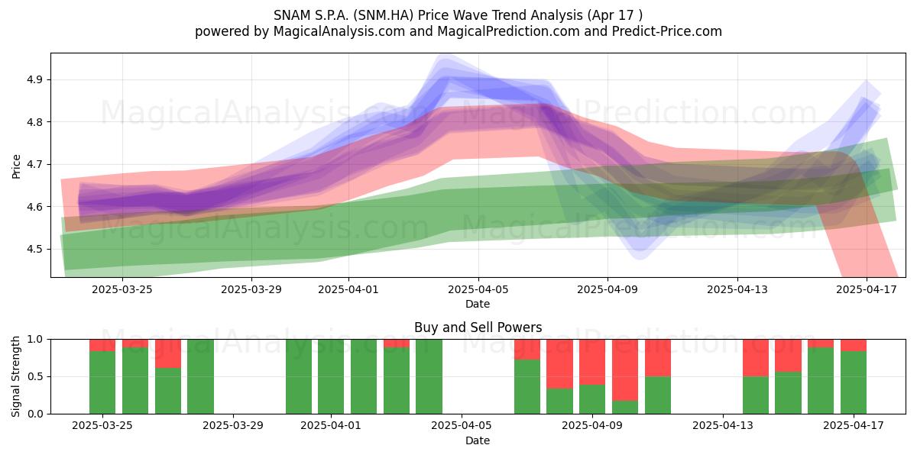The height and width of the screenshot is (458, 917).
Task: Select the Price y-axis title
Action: [16, 166]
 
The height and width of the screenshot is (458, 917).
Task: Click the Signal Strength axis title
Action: [15, 376]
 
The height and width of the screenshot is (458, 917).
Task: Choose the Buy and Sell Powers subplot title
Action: [478, 327]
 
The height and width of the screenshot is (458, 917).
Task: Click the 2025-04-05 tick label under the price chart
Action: [478, 289]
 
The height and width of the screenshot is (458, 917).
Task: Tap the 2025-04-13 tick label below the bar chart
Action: [723, 425]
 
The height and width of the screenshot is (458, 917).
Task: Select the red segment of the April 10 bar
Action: [625, 370]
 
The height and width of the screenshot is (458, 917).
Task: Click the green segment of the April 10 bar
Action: [625, 408]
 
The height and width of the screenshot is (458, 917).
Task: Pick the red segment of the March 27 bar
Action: [168, 353]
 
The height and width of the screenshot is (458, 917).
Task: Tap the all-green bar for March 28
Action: [200, 376]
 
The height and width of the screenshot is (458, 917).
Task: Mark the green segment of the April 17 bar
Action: [854, 382]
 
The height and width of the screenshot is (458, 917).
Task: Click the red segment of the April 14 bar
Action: [756, 358]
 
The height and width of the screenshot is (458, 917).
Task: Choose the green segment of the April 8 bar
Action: [559, 402]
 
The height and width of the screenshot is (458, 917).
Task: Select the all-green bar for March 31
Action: [299, 376]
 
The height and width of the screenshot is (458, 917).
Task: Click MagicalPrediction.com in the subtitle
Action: [508, 31]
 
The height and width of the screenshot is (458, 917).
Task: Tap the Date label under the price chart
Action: [478, 304]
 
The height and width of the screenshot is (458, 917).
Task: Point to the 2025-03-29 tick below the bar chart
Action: [233, 425]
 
